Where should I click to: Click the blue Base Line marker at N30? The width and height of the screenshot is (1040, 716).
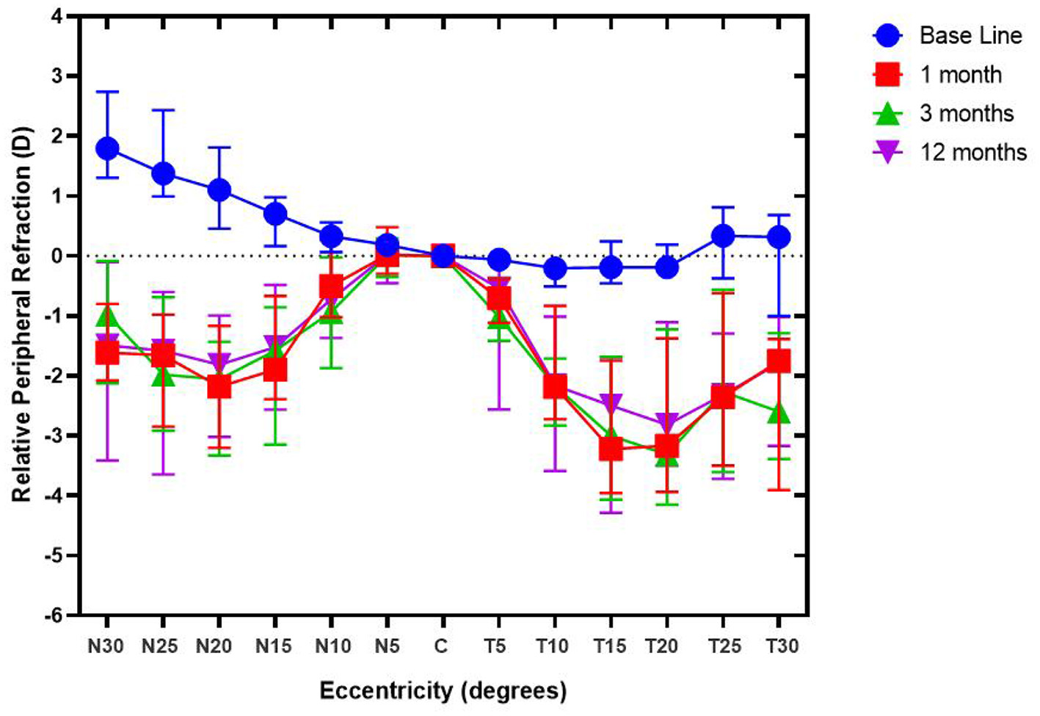pyautogui.click(x=107, y=148)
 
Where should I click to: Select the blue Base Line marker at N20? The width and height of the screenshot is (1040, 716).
pyautogui.click(x=219, y=190)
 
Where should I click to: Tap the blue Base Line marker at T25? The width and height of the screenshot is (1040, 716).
pyautogui.click(x=723, y=236)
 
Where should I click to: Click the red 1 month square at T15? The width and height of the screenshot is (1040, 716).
pyautogui.click(x=611, y=448)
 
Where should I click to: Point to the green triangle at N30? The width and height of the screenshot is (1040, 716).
pyautogui.click(x=108, y=317)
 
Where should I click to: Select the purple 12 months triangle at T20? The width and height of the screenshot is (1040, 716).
pyautogui.click(x=666, y=422)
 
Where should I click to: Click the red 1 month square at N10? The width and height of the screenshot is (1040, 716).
pyautogui.click(x=331, y=286)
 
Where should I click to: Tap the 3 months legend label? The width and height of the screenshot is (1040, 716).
pyautogui.click(x=966, y=113)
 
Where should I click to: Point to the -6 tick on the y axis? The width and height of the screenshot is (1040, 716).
pyautogui.click(x=55, y=615)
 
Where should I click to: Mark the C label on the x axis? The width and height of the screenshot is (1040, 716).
pyautogui.click(x=440, y=646)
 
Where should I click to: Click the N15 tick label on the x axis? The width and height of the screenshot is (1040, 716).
pyautogui.click(x=273, y=646)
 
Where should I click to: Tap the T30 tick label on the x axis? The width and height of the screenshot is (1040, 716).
pyautogui.click(x=782, y=646)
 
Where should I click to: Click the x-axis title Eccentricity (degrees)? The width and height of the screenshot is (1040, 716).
pyautogui.click(x=443, y=690)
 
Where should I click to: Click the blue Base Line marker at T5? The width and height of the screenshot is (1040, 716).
pyautogui.click(x=498, y=260)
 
